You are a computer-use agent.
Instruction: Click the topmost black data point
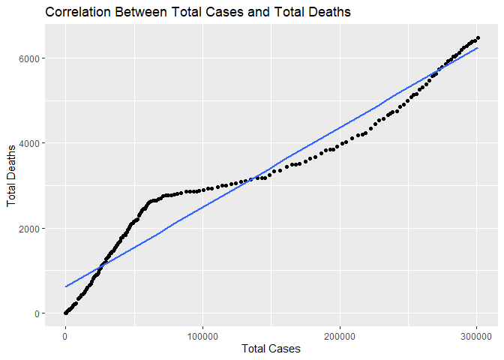[x=478, y=38]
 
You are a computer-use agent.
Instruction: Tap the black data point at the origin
[x=66, y=313]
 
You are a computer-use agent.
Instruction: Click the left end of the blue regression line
[x=66, y=286]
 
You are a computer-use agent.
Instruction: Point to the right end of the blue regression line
[x=478, y=48]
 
